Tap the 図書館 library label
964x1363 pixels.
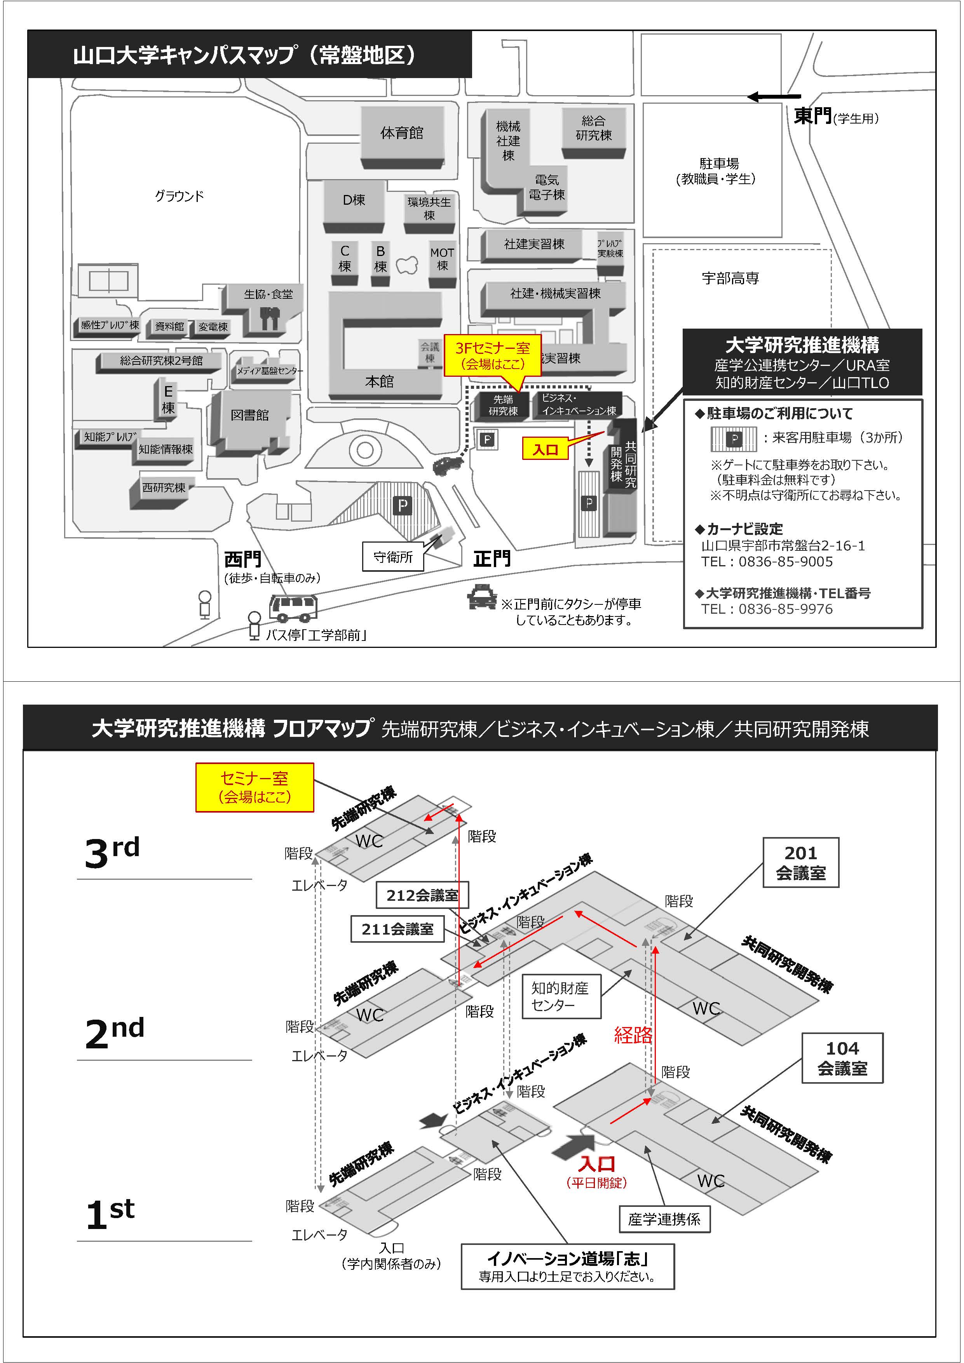[x=249, y=415]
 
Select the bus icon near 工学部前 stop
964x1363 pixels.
[x=293, y=607]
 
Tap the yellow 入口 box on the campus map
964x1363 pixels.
[x=545, y=449]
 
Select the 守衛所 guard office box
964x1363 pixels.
[x=392, y=556]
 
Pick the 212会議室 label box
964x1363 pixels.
[x=422, y=895]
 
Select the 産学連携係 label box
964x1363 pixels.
[x=664, y=1219]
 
